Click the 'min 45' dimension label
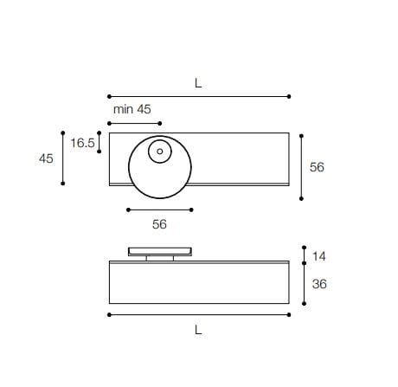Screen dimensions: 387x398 [132, 109]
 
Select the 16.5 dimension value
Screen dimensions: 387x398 [82, 143]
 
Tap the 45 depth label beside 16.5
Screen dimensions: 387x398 [46, 158]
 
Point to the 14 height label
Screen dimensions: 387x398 [318, 256]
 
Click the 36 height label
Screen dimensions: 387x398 [318, 283]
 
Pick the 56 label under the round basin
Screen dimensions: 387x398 [159, 224]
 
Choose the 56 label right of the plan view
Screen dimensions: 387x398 [317, 167]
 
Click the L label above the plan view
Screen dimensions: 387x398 [198, 83]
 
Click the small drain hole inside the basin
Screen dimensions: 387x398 [160, 152]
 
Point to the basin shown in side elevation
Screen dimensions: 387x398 [160, 251]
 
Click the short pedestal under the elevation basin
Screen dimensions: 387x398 [160, 257]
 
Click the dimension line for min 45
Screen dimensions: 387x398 [134, 122]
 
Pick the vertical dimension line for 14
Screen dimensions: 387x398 [304, 255]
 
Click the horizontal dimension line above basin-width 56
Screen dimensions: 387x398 [160, 210]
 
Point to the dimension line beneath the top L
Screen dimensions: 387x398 [198, 96]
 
